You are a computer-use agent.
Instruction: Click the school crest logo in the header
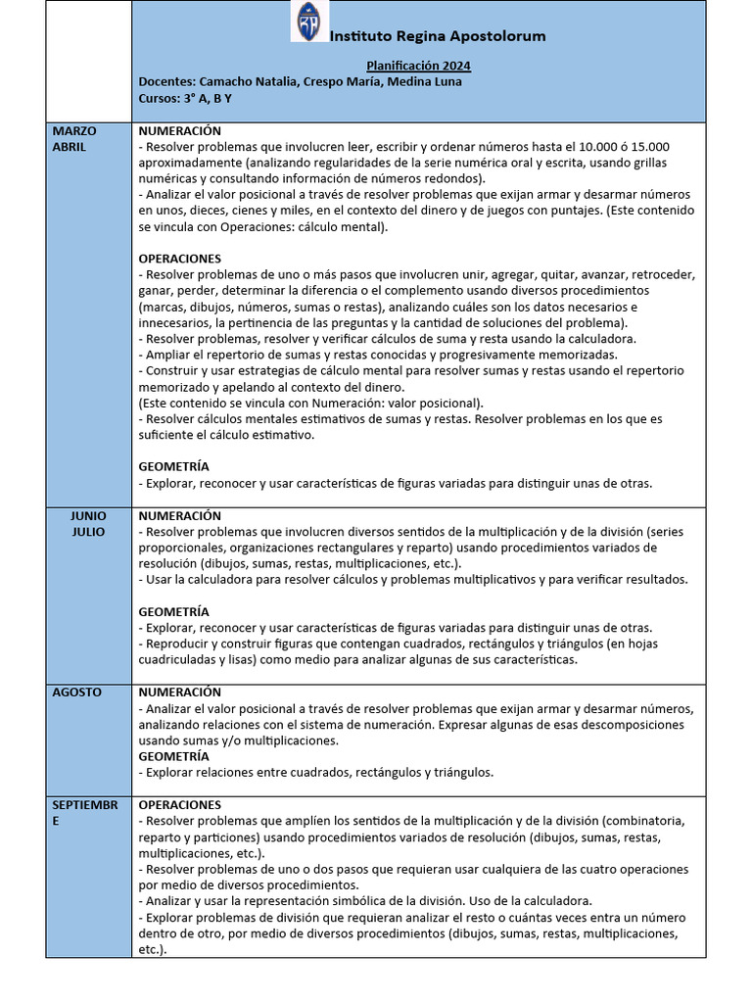[310, 22]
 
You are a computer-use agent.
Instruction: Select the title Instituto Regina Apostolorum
[438, 36]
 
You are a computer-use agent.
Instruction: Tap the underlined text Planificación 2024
[418, 66]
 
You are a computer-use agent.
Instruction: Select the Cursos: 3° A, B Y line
[185, 98]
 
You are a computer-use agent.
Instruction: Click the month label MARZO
[74, 131]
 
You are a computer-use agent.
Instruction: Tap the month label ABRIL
[70, 147]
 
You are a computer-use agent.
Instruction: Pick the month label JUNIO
[88, 516]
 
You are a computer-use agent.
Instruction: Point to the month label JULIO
[88, 532]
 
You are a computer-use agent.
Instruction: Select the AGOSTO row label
[77, 693]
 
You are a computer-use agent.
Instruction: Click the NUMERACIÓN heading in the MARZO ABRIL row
[180, 131]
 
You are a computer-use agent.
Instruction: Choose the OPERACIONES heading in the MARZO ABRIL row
[180, 259]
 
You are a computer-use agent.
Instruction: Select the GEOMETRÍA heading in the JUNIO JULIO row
[173, 612]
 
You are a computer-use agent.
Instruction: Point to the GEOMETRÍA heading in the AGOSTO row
[173, 756]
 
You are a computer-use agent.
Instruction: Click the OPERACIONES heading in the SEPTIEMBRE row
[180, 805]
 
